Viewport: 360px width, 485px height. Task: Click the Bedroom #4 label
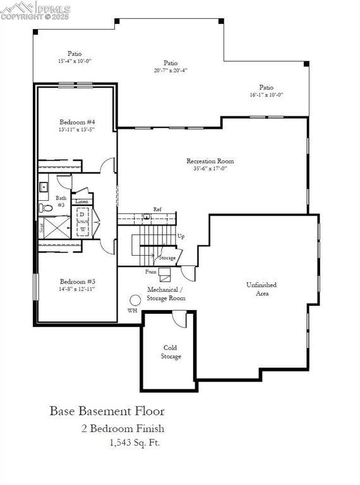click(x=77, y=121)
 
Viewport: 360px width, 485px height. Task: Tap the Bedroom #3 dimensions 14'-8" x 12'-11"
click(x=77, y=289)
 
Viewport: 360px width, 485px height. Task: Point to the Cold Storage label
click(x=171, y=352)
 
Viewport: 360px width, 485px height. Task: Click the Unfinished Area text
click(x=261, y=289)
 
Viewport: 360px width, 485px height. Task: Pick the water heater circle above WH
click(x=135, y=300)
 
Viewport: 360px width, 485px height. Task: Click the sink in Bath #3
click(x=44, y=187)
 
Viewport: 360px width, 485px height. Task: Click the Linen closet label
click(x=82, y=201)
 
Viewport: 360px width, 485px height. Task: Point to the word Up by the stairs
click(x=181, y=236)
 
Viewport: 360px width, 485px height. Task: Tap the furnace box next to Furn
click(x=165, y=274)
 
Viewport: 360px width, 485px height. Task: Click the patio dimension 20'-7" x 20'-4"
click(x=170, y=70)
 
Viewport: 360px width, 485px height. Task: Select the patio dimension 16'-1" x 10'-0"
click(x=266, y=95)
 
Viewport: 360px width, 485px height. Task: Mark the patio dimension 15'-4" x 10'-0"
click(x=75, y=61)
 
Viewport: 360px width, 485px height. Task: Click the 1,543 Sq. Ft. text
click(x=135, y=442)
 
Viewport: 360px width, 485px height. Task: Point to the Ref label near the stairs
click(x=157, y=209)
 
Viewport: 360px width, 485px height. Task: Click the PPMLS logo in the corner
click(x=35, y=11)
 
